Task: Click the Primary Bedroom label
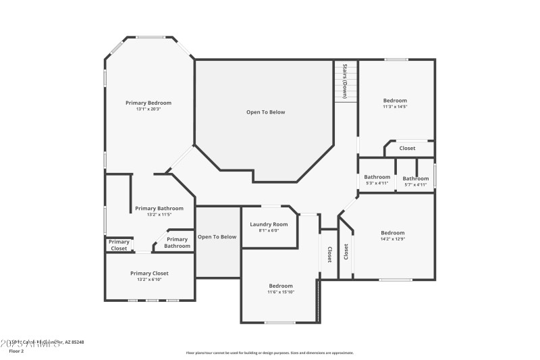pos(148,103)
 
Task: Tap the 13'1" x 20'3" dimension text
pos(148,109)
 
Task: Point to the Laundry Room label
pos(269,224)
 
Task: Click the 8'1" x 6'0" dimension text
pos(269,230)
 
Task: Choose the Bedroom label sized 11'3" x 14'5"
pos(395,101)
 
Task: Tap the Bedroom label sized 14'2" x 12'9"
pos(392,232)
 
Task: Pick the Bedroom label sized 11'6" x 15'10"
pos(280,286)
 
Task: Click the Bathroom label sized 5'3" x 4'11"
pos(377,178)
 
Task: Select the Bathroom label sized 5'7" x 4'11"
pos(415,178)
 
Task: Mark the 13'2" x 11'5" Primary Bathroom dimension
pos(159,215)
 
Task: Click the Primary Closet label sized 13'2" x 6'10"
pos(149,273)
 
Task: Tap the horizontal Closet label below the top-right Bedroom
pos(407,148)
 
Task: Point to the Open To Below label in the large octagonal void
pos(265,112)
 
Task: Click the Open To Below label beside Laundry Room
pos(217,236)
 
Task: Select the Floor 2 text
pos(16,351)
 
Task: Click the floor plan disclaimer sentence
pos(269,353)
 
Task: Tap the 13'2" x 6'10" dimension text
pos(149,280)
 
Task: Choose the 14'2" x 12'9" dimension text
pos(392,238)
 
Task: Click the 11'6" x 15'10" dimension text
pos(280,292)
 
